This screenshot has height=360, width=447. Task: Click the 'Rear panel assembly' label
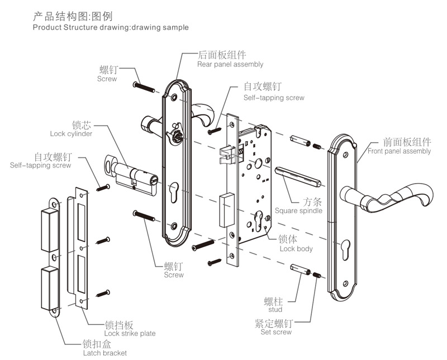point(230,64)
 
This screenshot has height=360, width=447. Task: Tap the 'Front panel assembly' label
point(399,151)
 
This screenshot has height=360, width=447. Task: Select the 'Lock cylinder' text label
point(71,134)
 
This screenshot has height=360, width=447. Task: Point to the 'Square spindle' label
point(298,211)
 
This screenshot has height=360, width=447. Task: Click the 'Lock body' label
point(296,248)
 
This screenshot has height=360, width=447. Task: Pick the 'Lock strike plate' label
point(130,333)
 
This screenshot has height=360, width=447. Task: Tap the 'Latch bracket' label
point(104,353)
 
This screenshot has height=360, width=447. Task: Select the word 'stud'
point(275,309)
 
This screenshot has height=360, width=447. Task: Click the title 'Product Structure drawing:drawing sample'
point(111,27)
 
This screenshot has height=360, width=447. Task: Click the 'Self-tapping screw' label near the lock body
point(274,98)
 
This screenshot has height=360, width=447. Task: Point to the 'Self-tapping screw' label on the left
point(40,165)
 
